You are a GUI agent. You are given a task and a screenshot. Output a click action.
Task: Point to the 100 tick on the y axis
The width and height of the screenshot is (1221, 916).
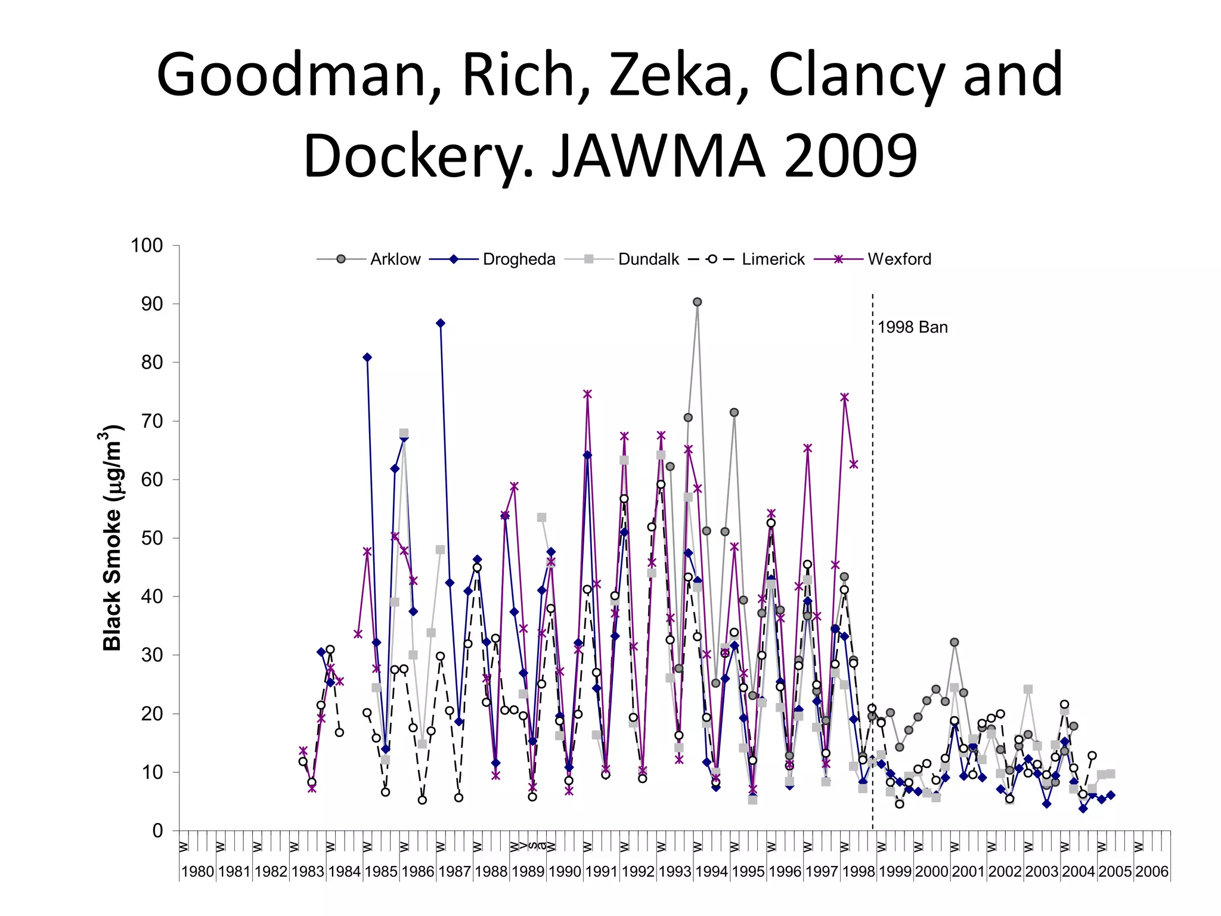pyautogui.click(x=147, y=245)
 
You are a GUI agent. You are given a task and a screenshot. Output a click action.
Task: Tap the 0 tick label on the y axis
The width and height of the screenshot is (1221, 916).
pyautogui.click(x=158, y=831)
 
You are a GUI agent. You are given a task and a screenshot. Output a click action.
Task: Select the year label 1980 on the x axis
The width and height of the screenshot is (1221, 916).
pyautogui.click(x=197, y=872)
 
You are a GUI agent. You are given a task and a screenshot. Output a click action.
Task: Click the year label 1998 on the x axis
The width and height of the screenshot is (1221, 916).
pyautogui.click(x=859, y=872)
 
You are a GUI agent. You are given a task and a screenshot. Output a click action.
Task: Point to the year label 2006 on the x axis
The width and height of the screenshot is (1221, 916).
pyautogui.click(x=1152, y=872)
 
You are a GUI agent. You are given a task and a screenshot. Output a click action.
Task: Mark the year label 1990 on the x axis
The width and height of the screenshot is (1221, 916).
pyautogui.click(x=565, y=872)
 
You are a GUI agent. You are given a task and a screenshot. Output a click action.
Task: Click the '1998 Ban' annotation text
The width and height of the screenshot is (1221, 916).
pyautogui.click(x=912, y=327)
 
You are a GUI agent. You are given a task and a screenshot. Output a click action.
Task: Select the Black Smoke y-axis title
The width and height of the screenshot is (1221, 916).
pyautogui.click(x=112, y=538)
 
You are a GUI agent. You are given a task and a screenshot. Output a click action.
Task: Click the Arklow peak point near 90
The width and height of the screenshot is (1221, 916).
pyautogui.click(x=697, y=302)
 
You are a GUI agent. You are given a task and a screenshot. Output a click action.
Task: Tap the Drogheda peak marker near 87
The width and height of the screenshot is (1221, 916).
pyautogui.click(x=440, y=323)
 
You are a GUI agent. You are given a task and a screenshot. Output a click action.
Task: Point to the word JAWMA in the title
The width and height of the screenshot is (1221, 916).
pyautogui.click(x=658, y=156)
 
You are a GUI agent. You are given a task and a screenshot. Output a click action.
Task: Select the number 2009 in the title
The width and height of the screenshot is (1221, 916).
pyautogui.click(x=851, y=156)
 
